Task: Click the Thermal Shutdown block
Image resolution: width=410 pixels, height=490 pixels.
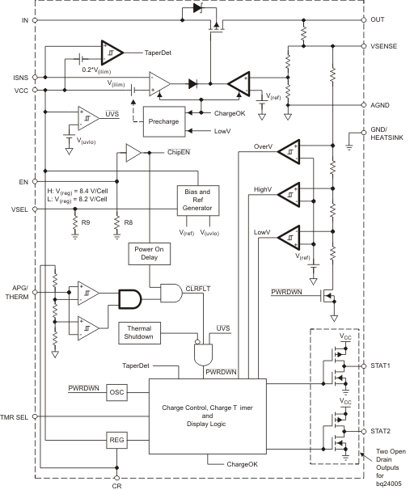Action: [x=146, y=332]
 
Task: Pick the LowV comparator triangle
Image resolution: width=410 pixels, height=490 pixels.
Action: [x=290, y=238]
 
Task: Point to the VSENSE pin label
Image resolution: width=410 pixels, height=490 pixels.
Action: [x=387, y=46]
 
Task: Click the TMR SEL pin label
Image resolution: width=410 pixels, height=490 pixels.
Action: [x=17, y=416]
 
